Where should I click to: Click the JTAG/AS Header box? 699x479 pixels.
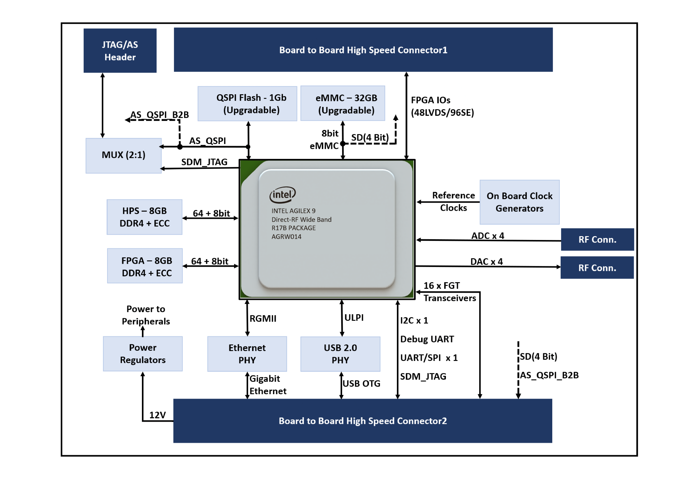pos(120,50)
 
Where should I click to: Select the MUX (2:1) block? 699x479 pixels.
pos(123,155)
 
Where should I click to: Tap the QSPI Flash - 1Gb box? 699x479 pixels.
pos(247,104)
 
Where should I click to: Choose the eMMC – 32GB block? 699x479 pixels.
pos(343,104)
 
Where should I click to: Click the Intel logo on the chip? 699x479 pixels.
pos(282,195)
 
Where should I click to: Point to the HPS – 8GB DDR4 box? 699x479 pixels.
pos(144,217)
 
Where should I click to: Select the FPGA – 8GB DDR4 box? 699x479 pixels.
pos(145,266)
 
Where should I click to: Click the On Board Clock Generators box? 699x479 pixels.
pos(519,202)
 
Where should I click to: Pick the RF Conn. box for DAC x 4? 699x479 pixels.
pos(597,268)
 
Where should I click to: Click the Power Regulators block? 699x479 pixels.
pos(143,354)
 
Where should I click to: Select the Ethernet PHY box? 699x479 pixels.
pos(247,354)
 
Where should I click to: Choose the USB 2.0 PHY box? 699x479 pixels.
pos(340,354)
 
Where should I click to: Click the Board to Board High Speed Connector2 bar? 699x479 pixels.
pos(362,421)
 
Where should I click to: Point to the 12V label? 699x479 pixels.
pos(157,415)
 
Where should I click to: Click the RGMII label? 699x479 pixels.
pos(263,318)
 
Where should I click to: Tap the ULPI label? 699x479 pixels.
pos(354,317)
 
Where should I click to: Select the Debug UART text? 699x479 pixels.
pos(427,339)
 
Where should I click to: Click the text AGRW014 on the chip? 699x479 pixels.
pos(286,237)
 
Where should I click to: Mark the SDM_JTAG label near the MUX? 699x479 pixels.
pos(204,162)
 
